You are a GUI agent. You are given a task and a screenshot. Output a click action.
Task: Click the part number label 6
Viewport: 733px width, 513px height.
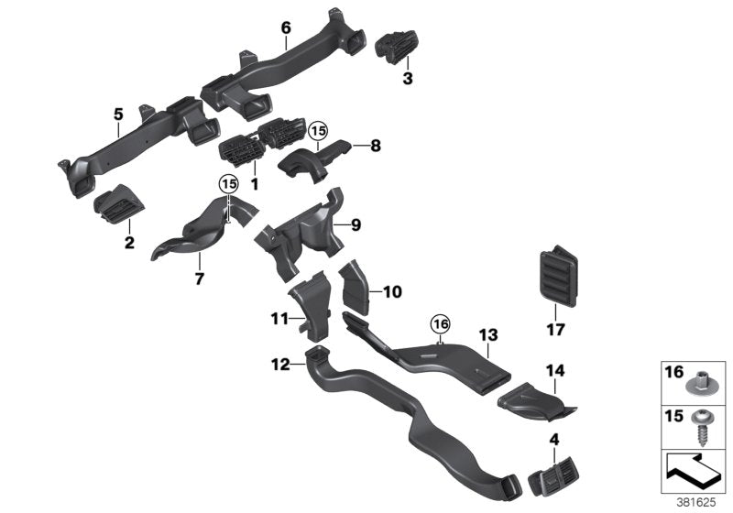[286, 28]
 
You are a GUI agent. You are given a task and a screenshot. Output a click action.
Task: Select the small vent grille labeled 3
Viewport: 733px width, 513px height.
[397, 45]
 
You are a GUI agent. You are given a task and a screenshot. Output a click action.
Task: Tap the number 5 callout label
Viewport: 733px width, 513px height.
[118, 114]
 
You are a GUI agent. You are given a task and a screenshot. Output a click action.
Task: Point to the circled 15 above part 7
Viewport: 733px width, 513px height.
[227, 184]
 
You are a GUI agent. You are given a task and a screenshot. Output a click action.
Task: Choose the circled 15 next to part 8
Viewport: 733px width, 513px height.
[318, 132]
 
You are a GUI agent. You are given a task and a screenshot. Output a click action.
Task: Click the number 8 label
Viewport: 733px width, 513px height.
[374, 145]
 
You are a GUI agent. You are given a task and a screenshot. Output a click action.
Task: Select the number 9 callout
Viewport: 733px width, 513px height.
[381, 224]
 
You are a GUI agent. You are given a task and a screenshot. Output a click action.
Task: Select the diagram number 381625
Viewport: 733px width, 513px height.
[703, 502]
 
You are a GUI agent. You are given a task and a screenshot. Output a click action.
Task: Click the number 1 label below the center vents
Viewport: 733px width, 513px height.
[255, 183]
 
